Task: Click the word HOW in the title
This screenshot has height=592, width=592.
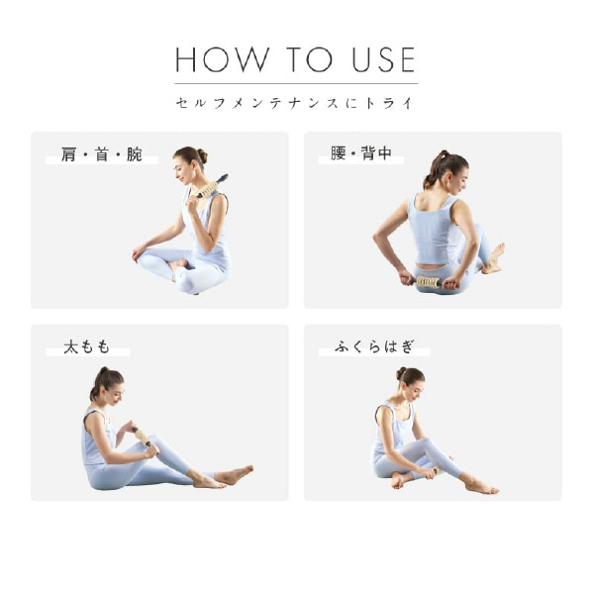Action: click(x=222, y=60)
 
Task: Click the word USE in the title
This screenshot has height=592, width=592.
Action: click(x=383, y=60)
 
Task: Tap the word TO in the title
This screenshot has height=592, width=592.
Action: click(x=310, y=60)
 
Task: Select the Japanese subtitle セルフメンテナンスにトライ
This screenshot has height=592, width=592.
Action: click(x=295, y=103)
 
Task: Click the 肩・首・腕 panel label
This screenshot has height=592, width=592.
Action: click(x=102, y=154)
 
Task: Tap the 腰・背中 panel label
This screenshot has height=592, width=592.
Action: click(x=361, y=153)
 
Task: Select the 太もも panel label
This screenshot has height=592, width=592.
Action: click(x=87, y=346)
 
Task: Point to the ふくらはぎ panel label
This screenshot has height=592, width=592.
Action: click(x=374, y=346)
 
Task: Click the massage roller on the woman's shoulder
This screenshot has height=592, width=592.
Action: click(x=212, y=186)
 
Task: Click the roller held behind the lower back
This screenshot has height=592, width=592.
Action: click(x=429, y=282)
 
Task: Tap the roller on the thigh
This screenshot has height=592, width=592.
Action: click(x=143, y=437)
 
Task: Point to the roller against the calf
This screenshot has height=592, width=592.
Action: click(x=437, y=470)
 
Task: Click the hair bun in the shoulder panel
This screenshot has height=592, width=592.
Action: click(x=202, y=156)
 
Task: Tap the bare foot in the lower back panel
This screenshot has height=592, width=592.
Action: click(x=494, y=258)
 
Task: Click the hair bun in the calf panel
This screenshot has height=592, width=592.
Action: click(x=401, y=373)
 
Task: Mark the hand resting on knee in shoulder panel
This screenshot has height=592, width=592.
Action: click(x=139, y=252)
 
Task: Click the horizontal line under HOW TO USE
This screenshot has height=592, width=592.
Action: click(x=296, y=83)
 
